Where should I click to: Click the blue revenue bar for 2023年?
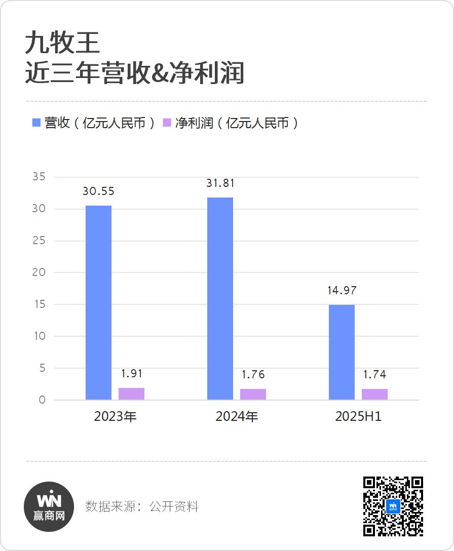[98, 302]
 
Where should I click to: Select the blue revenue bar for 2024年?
[220, 298]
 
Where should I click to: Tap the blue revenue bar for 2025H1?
[342, 352]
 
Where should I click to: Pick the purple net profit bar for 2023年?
[131, 393]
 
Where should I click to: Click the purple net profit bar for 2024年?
[253, 394]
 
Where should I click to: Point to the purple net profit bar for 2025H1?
[374, 394]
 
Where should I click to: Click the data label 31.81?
[220, 183]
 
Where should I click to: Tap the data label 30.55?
[99, 191]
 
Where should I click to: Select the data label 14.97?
[342, 291]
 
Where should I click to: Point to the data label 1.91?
[132, 374]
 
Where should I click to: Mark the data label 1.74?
[374, 375]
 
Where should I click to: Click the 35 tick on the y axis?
[39, 177]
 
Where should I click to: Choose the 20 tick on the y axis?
[39, 272]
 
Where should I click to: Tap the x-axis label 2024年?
[237, 417]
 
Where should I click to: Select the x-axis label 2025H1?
[358, 417]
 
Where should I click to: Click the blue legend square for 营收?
[36, 123]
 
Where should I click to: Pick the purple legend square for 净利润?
[167, 123]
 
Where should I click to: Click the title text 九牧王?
[62, 44]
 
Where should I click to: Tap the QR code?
[393, 506]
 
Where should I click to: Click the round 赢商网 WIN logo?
[49, 506]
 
